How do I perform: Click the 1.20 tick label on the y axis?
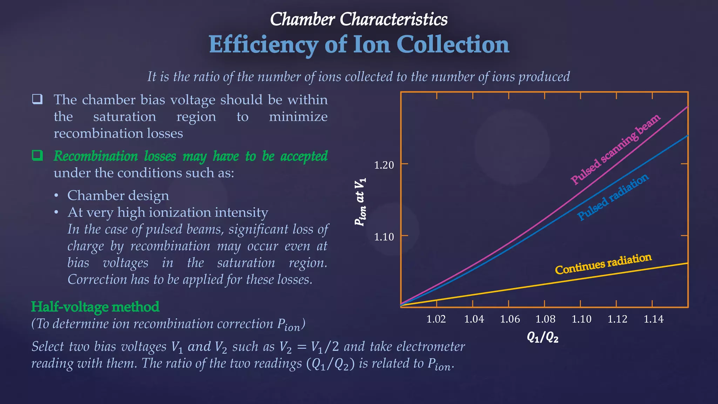(384, 165)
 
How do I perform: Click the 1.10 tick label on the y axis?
(384, 237)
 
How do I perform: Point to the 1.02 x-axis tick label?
(436, 319)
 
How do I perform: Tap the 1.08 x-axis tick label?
(545, 319)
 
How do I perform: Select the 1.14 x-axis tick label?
(653, 319)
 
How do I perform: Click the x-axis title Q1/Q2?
(542, 337)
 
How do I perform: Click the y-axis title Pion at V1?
(360, 202)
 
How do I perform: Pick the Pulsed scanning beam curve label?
(615, 149)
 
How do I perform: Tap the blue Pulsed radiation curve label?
(613, 197)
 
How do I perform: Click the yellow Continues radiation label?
(603, 264)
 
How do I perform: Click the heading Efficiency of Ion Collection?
(359, 45)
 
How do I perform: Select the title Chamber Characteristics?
(359, 19)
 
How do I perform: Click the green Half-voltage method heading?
(95, 307)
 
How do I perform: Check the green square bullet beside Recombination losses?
(38, 155)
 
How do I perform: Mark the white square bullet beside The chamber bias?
(38, 99)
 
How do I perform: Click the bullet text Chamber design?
(118, 195)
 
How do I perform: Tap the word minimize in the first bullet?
(298, 116)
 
